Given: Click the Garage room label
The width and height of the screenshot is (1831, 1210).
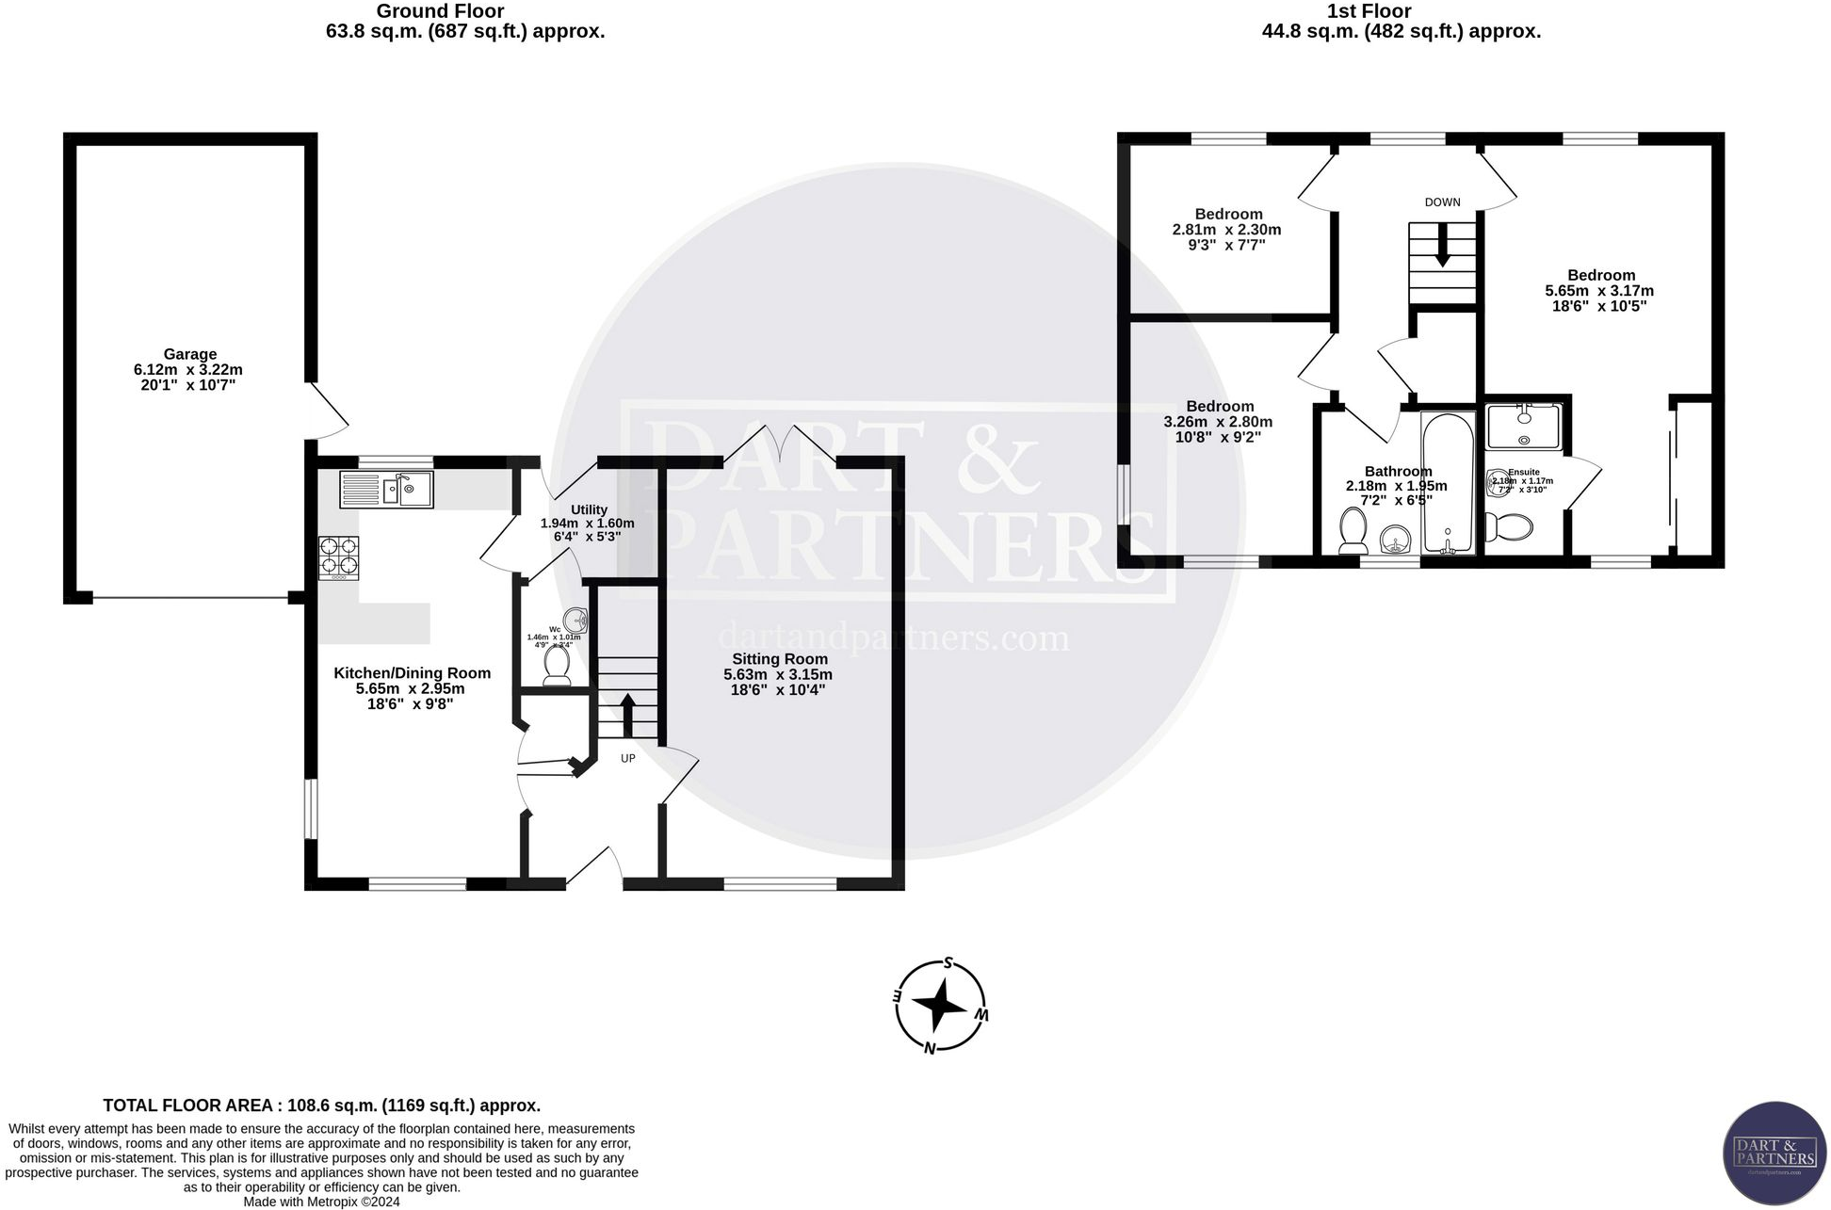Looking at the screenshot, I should pos(189,355).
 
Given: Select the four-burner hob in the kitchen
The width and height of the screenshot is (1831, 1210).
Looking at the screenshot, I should pos(339,557).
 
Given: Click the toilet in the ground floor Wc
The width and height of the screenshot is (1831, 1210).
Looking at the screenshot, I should pos(557,666).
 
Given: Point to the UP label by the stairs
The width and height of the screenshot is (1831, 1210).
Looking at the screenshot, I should pos(627,758).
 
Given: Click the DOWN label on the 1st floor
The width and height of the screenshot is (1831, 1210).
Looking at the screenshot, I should pos(1442,202).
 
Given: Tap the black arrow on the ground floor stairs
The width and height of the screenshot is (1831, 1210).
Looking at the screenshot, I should pos(627,713).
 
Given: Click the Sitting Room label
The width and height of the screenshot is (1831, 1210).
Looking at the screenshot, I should pos(779,659).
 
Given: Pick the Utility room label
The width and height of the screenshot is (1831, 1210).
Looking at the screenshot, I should pos(589,509).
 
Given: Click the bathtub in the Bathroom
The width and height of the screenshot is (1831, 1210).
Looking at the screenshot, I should pos(1448,483).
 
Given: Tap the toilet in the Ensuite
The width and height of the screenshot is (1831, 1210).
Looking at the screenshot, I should pos(1510,526).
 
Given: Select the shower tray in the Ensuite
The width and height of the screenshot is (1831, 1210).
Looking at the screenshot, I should pos(1523,427).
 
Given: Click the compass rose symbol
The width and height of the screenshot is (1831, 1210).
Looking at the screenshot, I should pos(940,1007).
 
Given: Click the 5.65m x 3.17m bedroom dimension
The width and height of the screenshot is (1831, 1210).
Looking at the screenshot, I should pos(1599,291).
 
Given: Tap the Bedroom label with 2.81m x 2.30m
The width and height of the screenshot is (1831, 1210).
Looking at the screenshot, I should pos(1228,214).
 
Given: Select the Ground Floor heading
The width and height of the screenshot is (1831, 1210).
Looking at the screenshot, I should pos(440,12).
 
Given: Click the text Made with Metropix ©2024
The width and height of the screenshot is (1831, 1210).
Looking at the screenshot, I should pos(322,1202).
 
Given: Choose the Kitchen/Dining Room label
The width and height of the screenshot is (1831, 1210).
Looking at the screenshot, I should pos(412,673).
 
